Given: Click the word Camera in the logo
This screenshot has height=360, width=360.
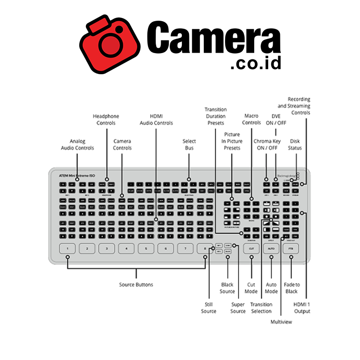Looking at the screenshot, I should [214, 39].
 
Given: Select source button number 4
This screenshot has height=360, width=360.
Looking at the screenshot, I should [126, 248].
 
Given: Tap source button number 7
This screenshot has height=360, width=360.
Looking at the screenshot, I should [185, 248].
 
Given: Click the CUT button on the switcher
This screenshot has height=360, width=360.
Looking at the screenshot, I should [252, 248].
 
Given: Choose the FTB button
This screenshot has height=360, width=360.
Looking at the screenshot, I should [291, 248].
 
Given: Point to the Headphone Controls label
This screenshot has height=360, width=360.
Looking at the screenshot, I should [106, 120].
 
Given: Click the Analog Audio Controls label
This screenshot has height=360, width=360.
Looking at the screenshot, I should [77, 144].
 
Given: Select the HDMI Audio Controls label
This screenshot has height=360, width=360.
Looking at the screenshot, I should [156, 120].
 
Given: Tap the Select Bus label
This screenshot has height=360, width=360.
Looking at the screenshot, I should [189, 144].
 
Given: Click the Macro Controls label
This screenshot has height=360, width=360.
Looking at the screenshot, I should [252, 119].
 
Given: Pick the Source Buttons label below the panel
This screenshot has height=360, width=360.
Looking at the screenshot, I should [136, 285].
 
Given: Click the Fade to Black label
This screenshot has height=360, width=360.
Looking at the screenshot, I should [291, 288].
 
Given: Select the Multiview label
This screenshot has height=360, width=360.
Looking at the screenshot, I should [281, 322].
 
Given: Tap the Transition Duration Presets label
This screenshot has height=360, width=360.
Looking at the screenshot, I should [215, 116].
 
